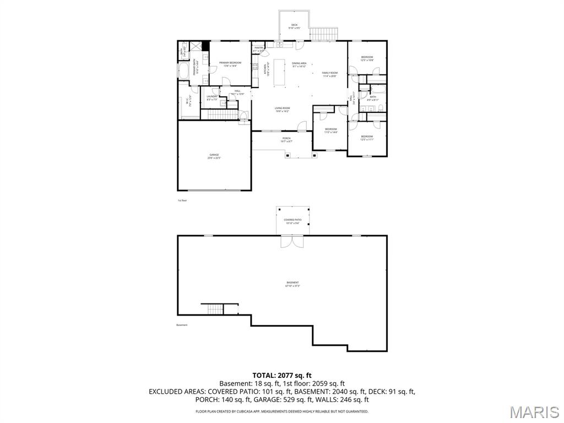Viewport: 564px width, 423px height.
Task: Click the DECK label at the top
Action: [x=294, y=26]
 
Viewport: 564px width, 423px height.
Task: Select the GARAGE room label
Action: [x=214, y=156]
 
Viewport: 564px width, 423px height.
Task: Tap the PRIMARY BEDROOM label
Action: [x=230, y=64]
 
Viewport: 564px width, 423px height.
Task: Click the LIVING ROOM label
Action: [x=283, y=109]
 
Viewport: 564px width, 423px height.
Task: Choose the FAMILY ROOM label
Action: [x=330, y=74]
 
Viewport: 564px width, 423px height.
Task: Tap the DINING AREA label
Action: [x=299, y=64]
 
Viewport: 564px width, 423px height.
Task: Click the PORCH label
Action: [x=286, y=139]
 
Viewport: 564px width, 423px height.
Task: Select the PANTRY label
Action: [x=258, y=49]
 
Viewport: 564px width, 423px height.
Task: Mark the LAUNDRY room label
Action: [x=213, y=98]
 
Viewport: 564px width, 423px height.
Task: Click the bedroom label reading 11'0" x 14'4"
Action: [x=330, y=131]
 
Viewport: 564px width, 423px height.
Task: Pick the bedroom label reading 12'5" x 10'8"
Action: [x=367, y=58]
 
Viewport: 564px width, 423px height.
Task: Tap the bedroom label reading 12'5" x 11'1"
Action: [x=367, y=138]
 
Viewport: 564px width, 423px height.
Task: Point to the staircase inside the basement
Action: [x=215, y=310]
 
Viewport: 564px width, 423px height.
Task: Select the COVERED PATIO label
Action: [x=292, y=221]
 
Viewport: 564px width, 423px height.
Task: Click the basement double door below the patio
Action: [x=292, y=242]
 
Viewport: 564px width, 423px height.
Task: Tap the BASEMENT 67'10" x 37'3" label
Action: [x=292, y=284]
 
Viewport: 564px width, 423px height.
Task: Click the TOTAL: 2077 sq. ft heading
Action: [x=282, y=375]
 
